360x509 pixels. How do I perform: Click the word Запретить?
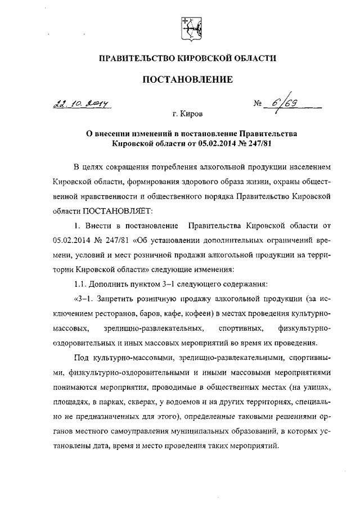(x=107, y=297)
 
